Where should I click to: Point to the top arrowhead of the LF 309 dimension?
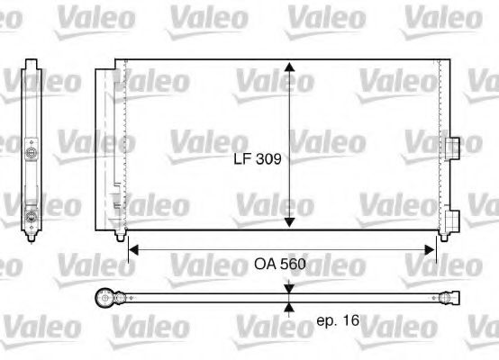288,68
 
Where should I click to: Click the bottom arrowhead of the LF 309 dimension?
288,222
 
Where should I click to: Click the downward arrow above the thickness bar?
288,286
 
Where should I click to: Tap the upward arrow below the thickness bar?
288,307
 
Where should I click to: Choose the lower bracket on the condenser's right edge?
452,217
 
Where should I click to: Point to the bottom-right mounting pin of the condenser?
441,236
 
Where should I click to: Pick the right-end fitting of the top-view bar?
450,296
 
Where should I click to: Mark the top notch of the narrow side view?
32,64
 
